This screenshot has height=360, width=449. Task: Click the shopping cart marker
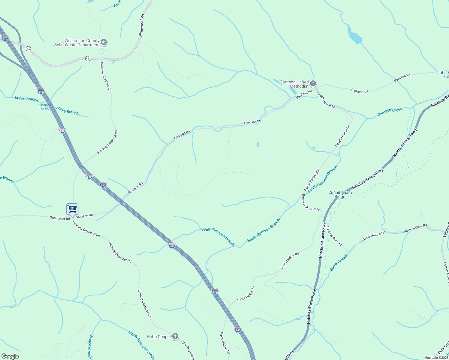point(72,209)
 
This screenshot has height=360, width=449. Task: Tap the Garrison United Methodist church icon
point(313,83)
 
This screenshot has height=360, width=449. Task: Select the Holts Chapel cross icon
point(175,336)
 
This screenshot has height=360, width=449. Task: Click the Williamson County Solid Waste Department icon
point(104,42)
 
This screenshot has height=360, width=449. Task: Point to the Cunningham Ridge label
point(340,195)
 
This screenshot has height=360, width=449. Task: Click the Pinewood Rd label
point(142,25)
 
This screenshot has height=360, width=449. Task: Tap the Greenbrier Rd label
point(60,218)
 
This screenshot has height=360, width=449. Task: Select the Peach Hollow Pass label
point(311,202)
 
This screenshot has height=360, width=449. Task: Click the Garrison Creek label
point(390,112)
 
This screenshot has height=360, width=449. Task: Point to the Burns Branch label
point(339,262)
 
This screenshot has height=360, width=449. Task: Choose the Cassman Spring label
point(45,106)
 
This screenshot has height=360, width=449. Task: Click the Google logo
point(10,356)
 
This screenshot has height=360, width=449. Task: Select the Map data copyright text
point(436,358)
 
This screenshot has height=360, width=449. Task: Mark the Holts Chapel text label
point(158,337)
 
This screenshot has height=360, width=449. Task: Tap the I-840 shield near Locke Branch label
point(41,91)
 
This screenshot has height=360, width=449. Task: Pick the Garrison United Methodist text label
point(294,84)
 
